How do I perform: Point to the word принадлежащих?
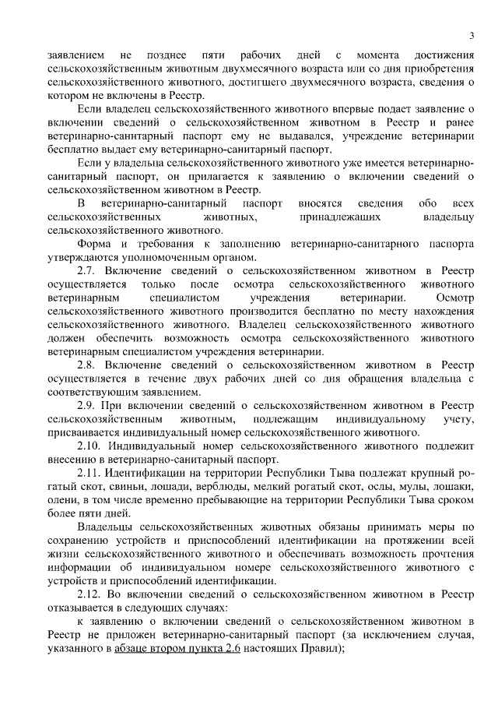pyautogui.click(x=339, y=217)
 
